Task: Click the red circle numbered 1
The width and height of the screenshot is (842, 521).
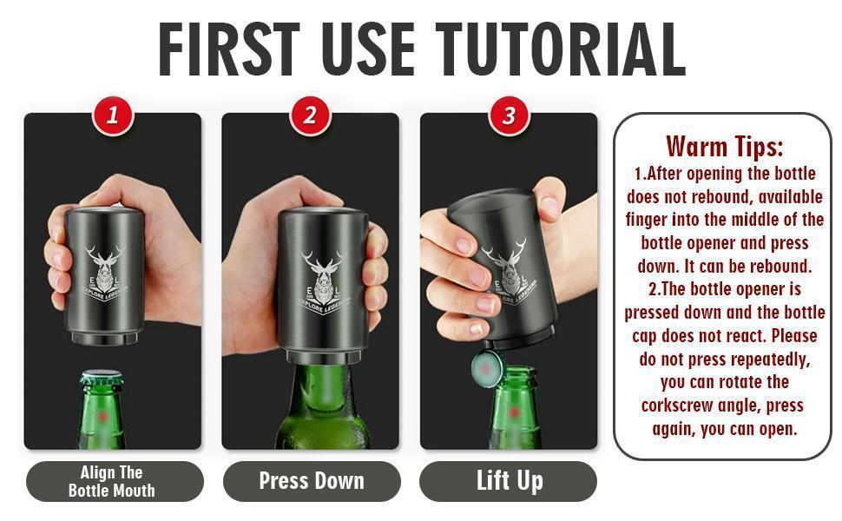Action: click(112, 115)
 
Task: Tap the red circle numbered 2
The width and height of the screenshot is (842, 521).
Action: click(310, 115)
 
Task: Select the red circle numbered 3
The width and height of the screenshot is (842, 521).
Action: click(509, 115)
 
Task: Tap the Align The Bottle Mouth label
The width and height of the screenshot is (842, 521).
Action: click(112, 482)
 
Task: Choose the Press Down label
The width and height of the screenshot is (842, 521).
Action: click(311, 481)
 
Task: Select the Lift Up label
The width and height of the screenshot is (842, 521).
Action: click(510, 481)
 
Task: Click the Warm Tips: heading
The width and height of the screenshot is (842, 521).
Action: click(724, 145)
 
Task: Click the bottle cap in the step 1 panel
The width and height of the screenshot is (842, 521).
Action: click(102, 379)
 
